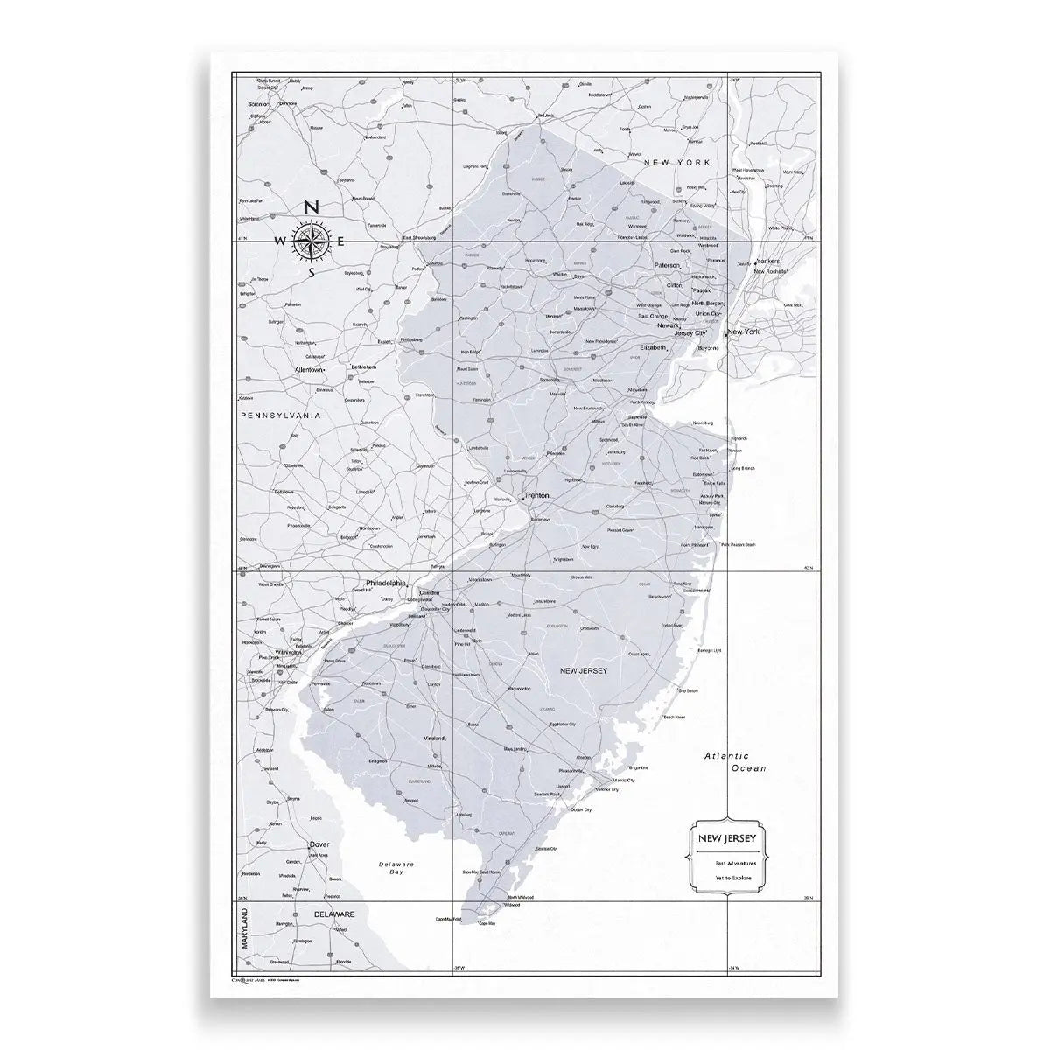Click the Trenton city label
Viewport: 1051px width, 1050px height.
coord(538,495)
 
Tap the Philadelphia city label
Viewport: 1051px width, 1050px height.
coord(386,583)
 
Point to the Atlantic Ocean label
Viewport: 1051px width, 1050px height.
coord(737,762)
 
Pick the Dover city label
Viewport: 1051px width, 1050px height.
coord(319,844)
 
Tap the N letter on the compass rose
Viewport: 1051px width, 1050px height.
coord(312,208)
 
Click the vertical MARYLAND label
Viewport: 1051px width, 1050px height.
coord(244,927)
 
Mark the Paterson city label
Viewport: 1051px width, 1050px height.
coord(667,264)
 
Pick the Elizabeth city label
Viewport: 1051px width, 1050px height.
coord(653,347)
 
